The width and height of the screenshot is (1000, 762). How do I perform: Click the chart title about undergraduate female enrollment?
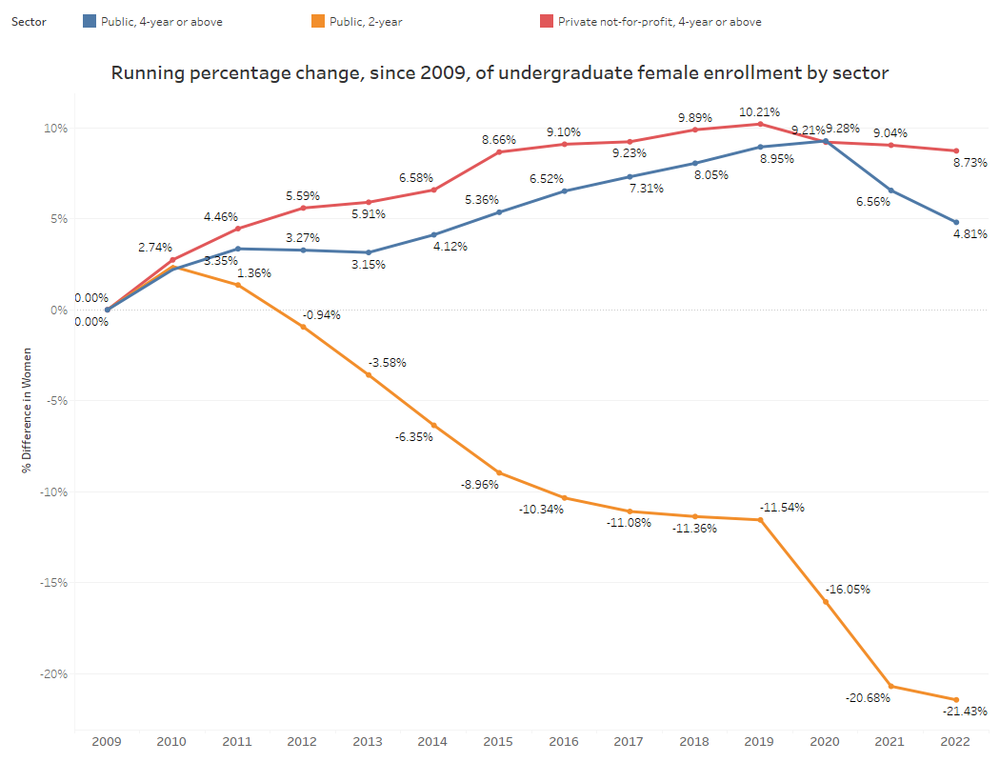pos(500,72)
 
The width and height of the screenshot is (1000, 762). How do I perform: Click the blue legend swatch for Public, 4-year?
pos(90,21)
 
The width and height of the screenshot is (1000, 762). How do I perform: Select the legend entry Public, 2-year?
pos(366,21)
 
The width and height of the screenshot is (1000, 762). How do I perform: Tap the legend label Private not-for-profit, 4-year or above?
pos(659,21)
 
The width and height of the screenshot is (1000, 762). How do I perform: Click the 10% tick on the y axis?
pos(55,128)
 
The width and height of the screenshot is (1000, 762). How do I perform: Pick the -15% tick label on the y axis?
pos(53,582)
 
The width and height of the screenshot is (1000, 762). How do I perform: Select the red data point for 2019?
pos(760,124)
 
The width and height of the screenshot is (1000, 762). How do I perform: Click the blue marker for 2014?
pos(433,234)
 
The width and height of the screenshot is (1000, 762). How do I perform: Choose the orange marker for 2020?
pos(826,602)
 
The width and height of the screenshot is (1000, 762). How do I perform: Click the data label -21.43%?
pos(965,712)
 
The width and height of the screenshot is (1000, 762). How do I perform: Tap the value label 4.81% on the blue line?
pos(970,233)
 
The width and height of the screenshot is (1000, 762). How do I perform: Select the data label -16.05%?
pos(848,589)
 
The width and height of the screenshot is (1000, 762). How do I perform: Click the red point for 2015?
pos(499,152)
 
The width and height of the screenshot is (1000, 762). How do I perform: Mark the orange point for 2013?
pos(369,375)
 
